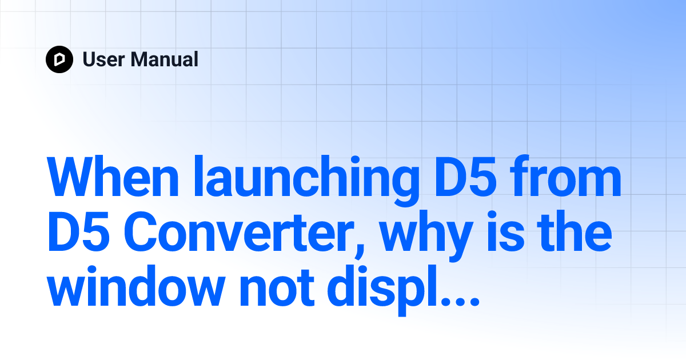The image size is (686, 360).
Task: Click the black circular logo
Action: [x=59, y=59]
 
